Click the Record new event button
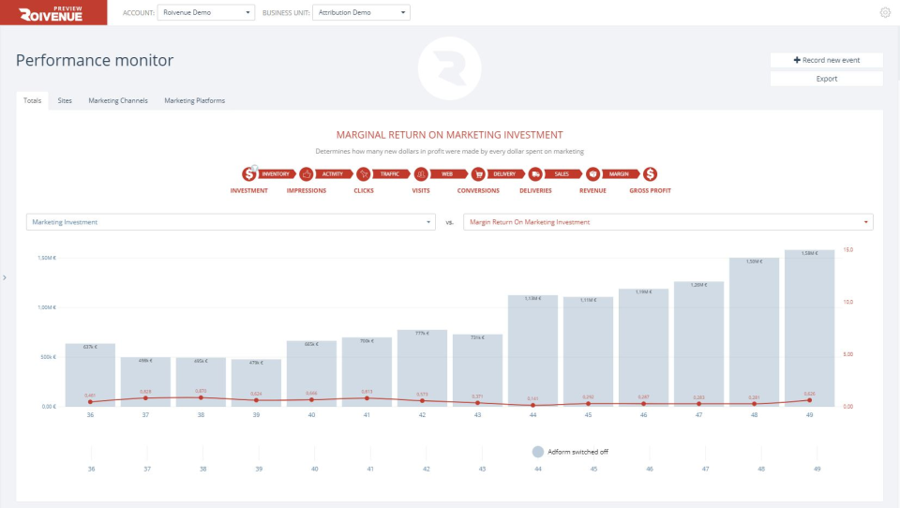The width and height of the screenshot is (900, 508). tap(826, 60)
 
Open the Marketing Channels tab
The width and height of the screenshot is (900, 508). tap(118, 100)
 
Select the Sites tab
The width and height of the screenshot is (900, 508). tap(65, 100)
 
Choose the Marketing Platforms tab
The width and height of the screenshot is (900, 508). tap(194, 100)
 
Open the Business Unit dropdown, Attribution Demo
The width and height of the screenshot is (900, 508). tap(361, 12)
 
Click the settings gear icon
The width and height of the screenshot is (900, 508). tap(885, 12)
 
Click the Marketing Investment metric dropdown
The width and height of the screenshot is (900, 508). tap(231, 222)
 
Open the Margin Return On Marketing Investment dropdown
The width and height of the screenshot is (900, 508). tap(668, 222)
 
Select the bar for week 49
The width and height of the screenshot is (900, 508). tap(810, 328)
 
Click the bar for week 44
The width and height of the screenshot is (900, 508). tap(532, 351)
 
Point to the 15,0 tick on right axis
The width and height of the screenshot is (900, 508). tap(847, 250)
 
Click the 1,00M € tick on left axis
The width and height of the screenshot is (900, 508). tap(47, 307)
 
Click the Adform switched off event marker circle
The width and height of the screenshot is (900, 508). tap(538, 451)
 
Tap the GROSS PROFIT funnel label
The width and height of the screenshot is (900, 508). tap(650, 190)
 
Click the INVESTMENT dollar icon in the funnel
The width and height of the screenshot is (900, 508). tap(248, 173)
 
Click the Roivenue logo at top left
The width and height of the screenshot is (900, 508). tap(53, 12)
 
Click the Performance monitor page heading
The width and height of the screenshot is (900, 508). tap(95, 61)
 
